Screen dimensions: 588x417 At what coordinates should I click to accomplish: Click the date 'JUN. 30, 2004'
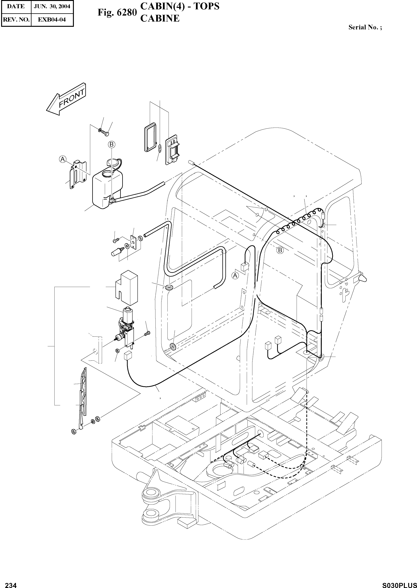coord(52,6)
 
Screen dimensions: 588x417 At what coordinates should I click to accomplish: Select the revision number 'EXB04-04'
coord(52,19)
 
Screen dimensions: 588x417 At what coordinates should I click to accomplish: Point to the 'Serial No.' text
coord(365,28)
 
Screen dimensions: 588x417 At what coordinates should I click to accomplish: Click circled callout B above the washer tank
coord(111,144)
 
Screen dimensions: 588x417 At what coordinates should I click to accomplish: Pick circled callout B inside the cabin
coord(280,250)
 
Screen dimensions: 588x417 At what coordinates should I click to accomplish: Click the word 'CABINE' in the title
coord(160,19)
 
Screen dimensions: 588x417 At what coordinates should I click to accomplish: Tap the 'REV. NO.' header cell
coord(16,19)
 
